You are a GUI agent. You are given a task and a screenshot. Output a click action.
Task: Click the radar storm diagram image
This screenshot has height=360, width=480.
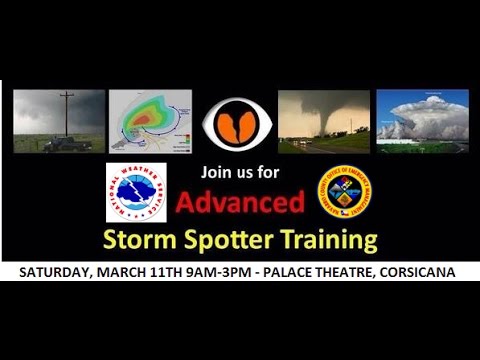(151, 122)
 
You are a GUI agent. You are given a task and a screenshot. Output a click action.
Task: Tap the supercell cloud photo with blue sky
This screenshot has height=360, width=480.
(422, 121)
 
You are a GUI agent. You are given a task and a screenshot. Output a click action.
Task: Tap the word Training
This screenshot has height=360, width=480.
(330, 240)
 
